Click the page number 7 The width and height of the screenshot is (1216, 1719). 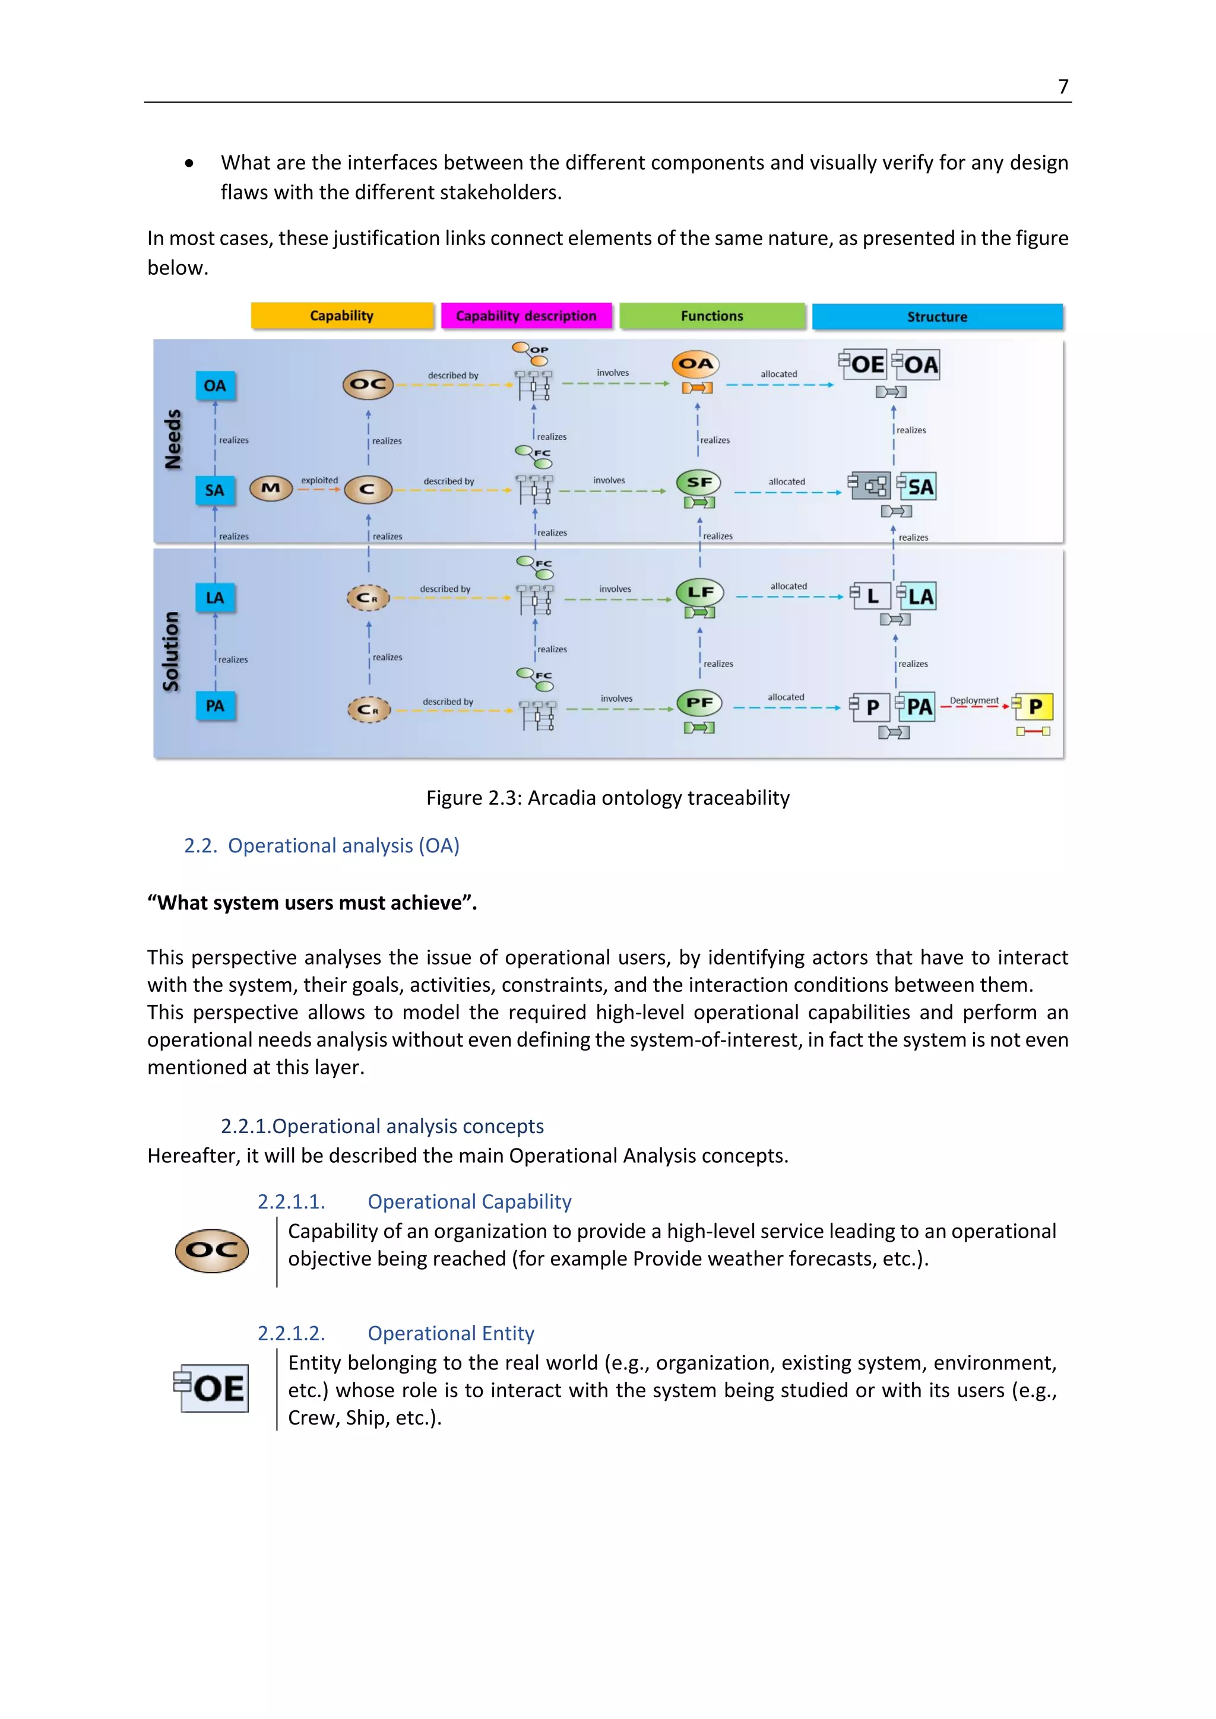coord(1062,87)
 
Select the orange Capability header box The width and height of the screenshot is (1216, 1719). coord(342,316)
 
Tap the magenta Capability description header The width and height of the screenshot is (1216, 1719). coord(527,316)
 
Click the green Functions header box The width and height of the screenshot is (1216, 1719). coord(712,316)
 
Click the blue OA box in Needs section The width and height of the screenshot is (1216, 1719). coord(215,386)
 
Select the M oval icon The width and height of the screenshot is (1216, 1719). coord(270,488)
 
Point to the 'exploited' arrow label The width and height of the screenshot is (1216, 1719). coord(319,480)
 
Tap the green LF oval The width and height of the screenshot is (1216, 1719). coord(700,592)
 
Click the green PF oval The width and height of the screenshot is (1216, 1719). coord(699,702)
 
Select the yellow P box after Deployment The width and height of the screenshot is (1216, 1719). coord(1035,706)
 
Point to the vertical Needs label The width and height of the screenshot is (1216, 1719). coord(173,439)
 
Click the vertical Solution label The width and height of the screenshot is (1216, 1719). coord(172,651)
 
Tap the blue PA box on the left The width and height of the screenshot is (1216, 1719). coord(215,706)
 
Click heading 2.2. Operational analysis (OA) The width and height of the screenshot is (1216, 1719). coord(322,846)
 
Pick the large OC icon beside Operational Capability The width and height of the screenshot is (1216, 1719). coord(212,1250)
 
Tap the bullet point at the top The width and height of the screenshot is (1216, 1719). coord(189,163)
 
